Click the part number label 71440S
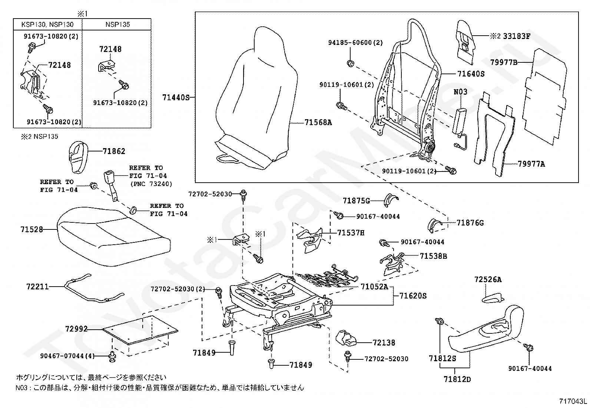point(176,98)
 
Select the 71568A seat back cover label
point(318,123)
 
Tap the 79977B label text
point(504,62)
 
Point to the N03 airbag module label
point(460,92)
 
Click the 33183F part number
point(517,36)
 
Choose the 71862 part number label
point(114,151)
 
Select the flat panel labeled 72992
point(140,330)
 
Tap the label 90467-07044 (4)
point(67,356)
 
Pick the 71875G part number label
point(357,201)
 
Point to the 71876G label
point(470,223)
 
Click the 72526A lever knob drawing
point(493,298)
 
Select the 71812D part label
point(457,379)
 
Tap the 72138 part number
point(384,343)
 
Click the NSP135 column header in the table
point(118,25)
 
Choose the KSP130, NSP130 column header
point(47,25)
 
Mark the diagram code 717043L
point(573,401)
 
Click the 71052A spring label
point(375,287)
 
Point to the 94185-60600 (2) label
point(355,43)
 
